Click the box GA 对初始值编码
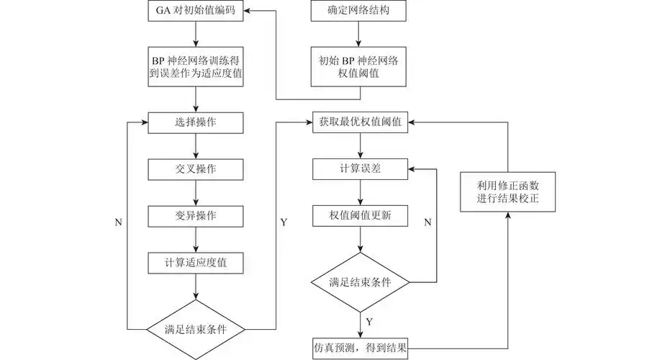(x=196, y=11)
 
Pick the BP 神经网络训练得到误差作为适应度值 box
(x=196, y=66)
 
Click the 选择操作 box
(x=196, y=122)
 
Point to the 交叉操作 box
(x=196, y=169)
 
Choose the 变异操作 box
(x=196, y=216)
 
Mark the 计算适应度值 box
(x=196, y=263)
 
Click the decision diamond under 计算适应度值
(x=196, y=329)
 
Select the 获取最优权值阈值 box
(x=360, y=122)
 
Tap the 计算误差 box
(x=360, y=169)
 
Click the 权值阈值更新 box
(x=360, y=216)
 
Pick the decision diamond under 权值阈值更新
(x=360, y=282)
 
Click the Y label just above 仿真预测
(x=369, y=321)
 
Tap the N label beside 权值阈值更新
(x=427, y=222)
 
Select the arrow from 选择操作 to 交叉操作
(x=196, y=145)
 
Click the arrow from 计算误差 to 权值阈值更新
(x=360, y=192)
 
